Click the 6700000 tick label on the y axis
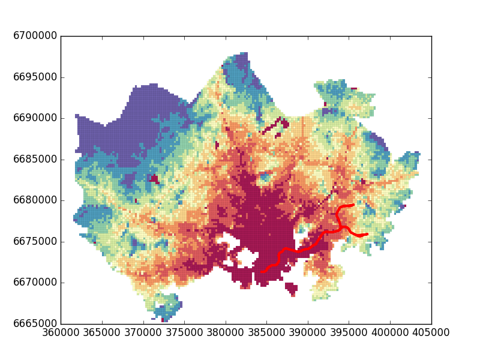click(x=35, y=36)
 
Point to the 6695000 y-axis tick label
click(x=35, y=77)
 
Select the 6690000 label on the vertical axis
click(x=35, y=118)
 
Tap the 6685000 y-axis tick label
click(x=35, y=160)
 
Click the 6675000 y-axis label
click(x=35, y=242)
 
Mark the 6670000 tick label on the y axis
click(x=35, y=283)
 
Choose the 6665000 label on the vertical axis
click(x=35, y=324)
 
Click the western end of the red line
click(x=262, y=272)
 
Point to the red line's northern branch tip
click(x=353, y=205)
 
